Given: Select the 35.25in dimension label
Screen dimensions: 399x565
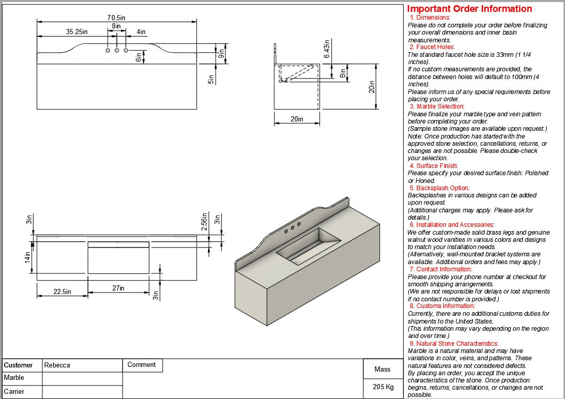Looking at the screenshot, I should tap(77, 32).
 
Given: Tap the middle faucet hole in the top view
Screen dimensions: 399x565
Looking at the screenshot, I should tap(116, 50).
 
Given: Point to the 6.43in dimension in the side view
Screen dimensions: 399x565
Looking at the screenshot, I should tap(326, 48).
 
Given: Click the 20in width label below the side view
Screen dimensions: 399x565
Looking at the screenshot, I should tap(297, 119).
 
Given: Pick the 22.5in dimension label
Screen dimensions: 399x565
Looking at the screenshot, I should tap(62, 292).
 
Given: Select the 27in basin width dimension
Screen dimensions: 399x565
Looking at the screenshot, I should tap(118, 288).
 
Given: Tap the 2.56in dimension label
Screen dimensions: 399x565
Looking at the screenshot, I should tap(205, 222).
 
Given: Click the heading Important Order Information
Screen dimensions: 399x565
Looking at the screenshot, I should tap(469, 9).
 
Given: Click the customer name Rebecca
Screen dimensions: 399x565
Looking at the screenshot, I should tap(57, 365).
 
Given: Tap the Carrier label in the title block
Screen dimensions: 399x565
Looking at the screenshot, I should tap(14, 392).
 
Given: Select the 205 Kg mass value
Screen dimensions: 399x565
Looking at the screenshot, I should tap(383, 387).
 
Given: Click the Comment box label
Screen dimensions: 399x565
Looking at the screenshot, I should tap(141, 365).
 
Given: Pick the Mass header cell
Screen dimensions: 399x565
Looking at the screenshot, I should tap(383, 369).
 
